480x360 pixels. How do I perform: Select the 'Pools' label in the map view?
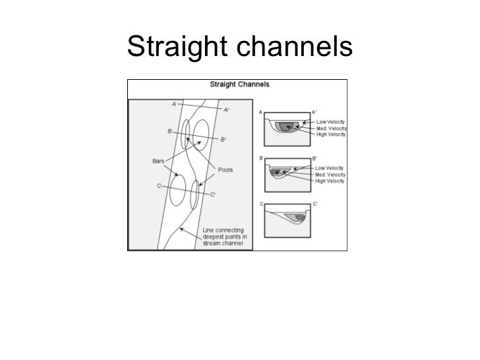pyautogui.click(x=225, y=169)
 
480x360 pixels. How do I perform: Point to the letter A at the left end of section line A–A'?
pyautogui.click(x=173, y=104)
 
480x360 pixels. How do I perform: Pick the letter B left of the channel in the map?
pyautogui.click(x=170, y=131)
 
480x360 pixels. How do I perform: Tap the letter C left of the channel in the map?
pyautogui.click(x=159, y=185)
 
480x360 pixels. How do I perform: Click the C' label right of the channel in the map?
pyautogui.click(x=213, y=195)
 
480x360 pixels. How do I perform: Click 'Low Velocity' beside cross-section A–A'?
pyautogui.click(x=331, y=121)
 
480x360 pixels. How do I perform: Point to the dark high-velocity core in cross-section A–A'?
pyautogui.click(x=285, y=127)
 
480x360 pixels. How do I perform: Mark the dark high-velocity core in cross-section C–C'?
pyautogui.click(x=299, y=217)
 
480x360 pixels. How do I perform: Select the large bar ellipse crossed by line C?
pyautogui.click(x=176, y=190)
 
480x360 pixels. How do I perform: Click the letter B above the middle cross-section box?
pyautogui.click(x=262, y=158)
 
